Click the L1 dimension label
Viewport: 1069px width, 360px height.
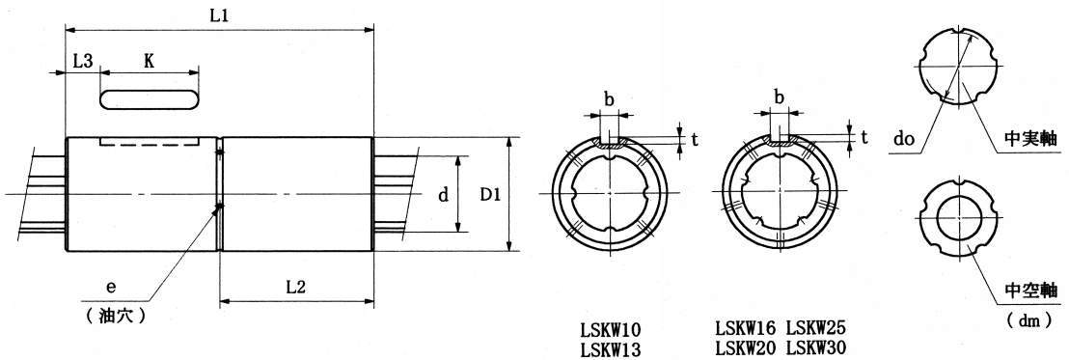[x=219, y=16]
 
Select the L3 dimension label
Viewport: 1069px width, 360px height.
[x=83, y=60]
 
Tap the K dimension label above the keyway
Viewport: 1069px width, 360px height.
[x=149, y=60]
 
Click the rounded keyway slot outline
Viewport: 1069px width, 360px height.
[x=150, y=98]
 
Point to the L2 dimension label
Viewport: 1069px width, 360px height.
[x=294, y=288]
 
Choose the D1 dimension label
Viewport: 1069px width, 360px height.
[x=490, y=195]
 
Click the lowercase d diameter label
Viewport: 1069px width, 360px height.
[x=443, y=196]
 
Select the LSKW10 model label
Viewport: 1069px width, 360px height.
[x=611, y=329]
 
